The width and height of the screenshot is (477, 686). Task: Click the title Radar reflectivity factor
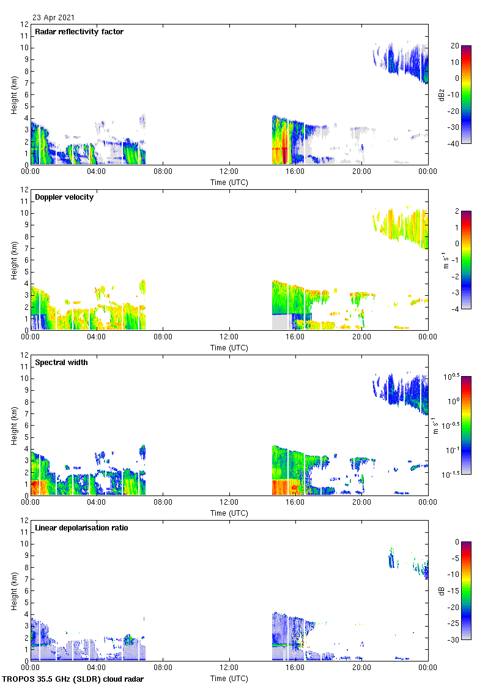tap(79, 32)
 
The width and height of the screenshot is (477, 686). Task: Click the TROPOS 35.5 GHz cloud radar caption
tap(73, 679)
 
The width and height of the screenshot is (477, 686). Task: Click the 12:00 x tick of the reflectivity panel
tap(229, 172)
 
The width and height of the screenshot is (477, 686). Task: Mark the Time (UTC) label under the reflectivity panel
tap(229, 183)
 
